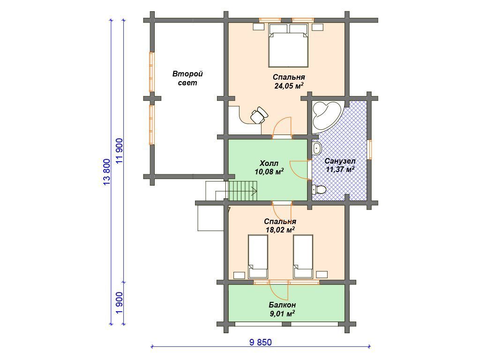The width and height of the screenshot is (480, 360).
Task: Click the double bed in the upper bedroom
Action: pos(288,45)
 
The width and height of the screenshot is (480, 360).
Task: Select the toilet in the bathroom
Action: pos(319,190)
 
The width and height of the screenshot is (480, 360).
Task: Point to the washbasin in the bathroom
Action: pos(317,149)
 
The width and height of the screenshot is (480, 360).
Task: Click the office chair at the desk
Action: pos(259,115)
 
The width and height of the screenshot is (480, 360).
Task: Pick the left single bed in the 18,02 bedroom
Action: pos(258,256)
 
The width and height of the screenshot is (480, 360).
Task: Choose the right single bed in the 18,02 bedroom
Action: pos(303,256)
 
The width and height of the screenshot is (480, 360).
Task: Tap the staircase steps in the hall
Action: pos(243,190)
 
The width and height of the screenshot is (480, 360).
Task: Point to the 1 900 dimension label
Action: pos(120,302)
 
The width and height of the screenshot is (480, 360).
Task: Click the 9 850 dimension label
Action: pos(261,342)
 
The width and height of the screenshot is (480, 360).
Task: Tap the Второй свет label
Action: pos(187,78)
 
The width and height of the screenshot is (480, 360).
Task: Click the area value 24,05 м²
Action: pos(289,86)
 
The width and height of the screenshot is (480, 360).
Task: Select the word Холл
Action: pos(269,163)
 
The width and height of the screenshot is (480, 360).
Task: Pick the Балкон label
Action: pos(282,305)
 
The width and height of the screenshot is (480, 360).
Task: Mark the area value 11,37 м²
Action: pos(340,169)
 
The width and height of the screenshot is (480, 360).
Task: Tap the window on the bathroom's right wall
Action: pos(370,150)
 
